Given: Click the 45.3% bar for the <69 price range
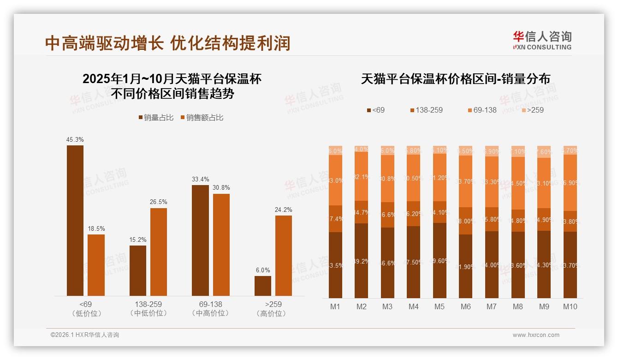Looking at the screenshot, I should (x=75, y=221).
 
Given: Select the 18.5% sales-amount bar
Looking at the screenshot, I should (x=96, y=265).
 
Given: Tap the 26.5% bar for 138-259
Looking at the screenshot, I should (x=159, y=252).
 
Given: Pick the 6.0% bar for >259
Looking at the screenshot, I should (x=263, y=286).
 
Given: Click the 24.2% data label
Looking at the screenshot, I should (x=284, y=210).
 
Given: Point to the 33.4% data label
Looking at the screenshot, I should (x=200, y=179).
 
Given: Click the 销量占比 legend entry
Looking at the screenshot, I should (x=156, y=118).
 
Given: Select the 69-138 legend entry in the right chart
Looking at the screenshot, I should (x=482, y=110).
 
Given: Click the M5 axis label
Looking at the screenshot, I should (x=440, y=306).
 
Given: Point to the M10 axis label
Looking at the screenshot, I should (x=570, y=306).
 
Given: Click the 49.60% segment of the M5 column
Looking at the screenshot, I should (x=440, y=260).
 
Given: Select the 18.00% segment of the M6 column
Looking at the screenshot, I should (x=466, y=221).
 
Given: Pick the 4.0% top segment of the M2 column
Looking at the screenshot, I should (x=362, y=149).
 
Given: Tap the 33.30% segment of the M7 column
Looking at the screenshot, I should (x=492, y=182).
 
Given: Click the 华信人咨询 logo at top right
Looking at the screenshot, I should (x=542, y=40).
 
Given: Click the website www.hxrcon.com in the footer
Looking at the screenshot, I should (x=536, y=335).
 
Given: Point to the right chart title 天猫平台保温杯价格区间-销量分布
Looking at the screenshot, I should (x=455, y=79).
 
